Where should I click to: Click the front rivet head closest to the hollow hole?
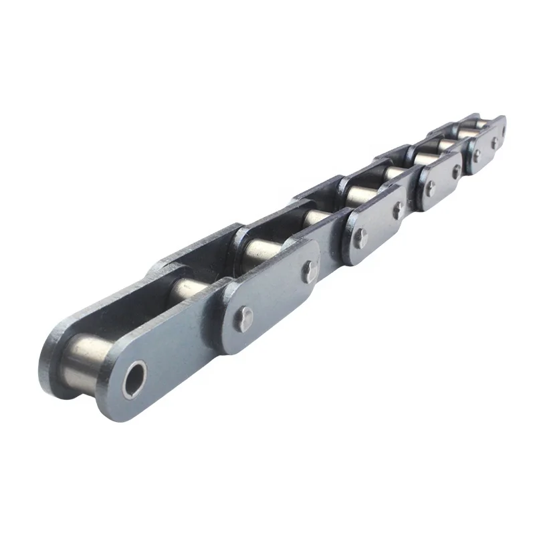coord(245,318)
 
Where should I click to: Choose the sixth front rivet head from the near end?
coord(457,171)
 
